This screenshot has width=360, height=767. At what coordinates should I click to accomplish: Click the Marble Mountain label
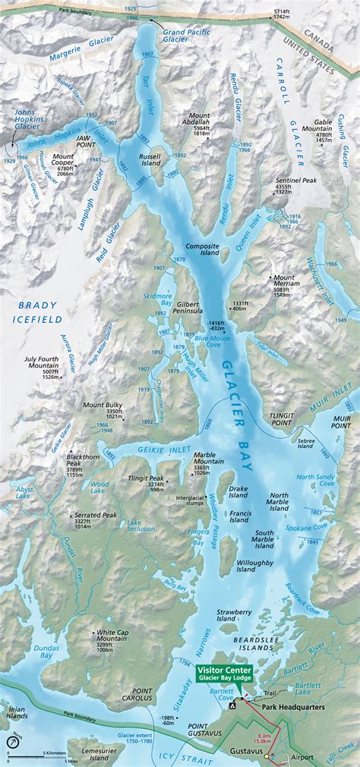coord(208,458)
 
